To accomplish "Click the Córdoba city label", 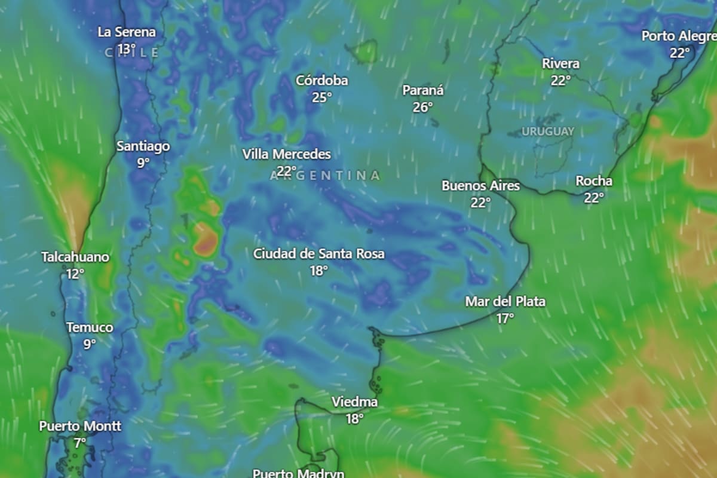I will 321,81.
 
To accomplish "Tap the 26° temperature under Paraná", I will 422,107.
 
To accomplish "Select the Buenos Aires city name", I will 480,186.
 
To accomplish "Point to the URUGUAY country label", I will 548,131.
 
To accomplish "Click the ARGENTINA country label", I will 326,175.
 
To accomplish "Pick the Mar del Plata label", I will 505,302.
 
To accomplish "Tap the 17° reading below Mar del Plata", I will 505,318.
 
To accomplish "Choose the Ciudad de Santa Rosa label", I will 318,254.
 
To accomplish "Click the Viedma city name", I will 354,402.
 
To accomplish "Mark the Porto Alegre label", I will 679,36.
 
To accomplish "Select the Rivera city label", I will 560,64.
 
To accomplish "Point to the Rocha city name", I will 594,181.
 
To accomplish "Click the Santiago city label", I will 143,146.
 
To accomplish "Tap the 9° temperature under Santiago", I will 143,163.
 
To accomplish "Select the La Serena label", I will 127,32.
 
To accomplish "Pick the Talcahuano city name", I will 75,258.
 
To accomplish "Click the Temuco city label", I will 90,327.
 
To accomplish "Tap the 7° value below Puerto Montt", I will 80,443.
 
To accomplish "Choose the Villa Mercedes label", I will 286,154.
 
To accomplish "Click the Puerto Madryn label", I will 298,473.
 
